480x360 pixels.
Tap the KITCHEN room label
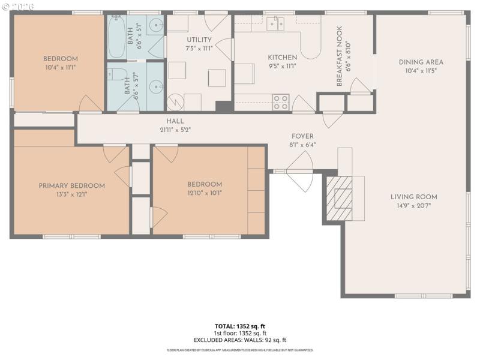[283, 58]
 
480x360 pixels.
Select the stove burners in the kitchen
[281, 103]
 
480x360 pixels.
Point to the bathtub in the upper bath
[116, 37]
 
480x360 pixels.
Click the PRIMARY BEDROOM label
[71, 186]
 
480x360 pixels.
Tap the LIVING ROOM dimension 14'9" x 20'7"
[414, 205]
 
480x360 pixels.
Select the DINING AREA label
[421, 62]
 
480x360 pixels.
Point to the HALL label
[175, 121]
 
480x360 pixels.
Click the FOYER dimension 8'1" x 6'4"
[302, 145]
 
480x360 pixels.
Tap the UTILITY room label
[199, 40]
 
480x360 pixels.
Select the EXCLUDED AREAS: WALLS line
[240, 340]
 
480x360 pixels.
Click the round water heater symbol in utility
[175, 103]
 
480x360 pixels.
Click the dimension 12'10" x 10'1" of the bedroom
[205, 193]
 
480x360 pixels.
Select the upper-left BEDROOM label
[60, 59]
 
